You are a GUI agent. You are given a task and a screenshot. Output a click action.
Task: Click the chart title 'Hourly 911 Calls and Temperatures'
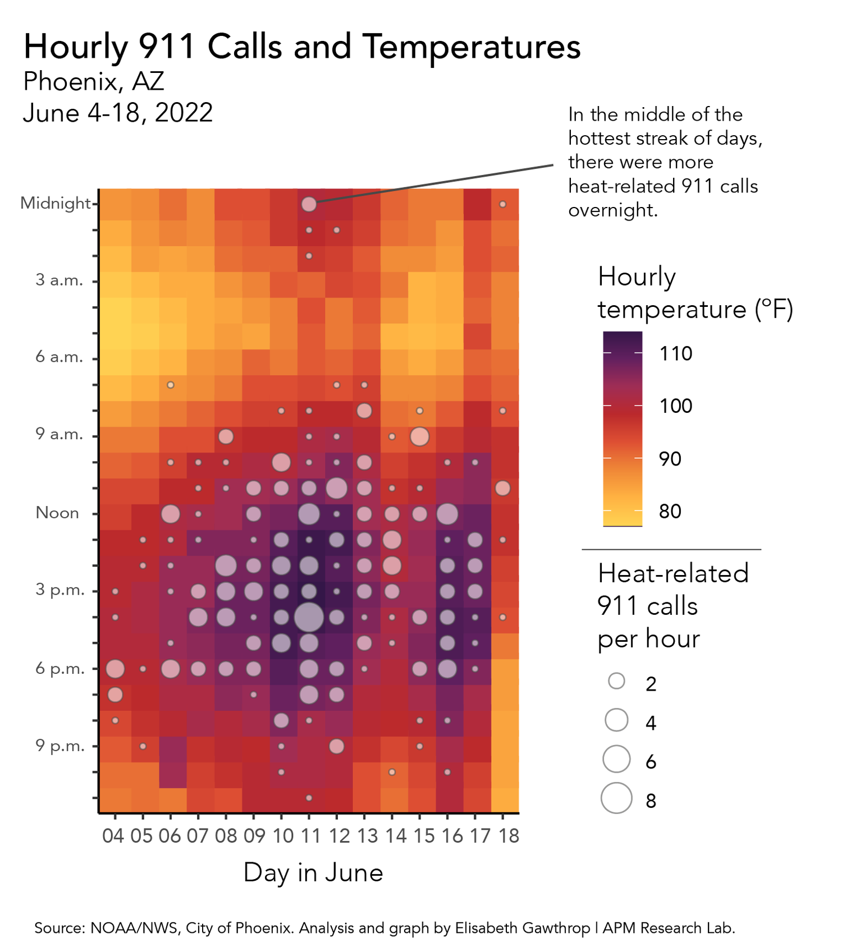point(301,47)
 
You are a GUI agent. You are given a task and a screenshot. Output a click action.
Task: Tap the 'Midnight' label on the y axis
point(55,203)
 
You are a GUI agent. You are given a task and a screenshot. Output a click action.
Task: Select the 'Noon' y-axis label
point(57,513)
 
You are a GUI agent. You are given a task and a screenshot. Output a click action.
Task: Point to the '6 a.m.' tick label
point(60,357)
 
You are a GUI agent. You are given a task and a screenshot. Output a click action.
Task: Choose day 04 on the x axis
point(113,836)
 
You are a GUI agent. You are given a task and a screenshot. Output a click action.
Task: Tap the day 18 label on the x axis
point(509,836)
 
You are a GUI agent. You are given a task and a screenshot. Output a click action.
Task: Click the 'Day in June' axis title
point(313,873)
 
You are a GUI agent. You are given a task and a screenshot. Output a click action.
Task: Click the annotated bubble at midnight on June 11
point(309,204)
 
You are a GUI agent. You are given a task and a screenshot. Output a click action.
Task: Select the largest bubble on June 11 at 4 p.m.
point(309,617)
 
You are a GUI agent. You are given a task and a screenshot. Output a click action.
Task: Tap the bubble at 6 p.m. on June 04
point(115,669)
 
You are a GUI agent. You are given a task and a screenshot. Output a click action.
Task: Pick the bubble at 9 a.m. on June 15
point(419,436)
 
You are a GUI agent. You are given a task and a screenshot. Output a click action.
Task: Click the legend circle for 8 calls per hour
point(617,798)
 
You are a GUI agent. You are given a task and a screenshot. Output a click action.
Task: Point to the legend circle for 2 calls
point(617,681)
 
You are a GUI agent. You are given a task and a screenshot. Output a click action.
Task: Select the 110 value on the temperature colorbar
point(676,354)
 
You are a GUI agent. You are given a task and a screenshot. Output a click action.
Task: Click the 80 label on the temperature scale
point(670,512)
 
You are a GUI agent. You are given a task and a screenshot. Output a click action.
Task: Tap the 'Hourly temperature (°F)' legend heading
point(695,293)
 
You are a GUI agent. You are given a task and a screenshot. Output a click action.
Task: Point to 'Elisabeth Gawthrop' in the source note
point(522,928)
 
